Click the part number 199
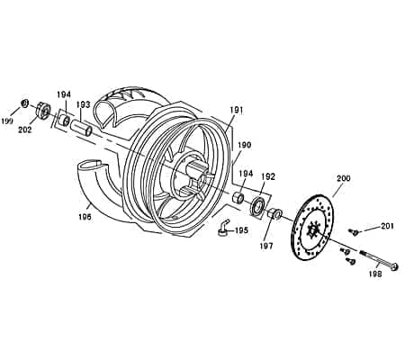8,120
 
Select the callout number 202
25,130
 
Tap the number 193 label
83,104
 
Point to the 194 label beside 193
63,94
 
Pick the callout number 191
237,110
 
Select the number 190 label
245,145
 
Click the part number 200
342,178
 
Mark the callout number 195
241,230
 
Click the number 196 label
84,216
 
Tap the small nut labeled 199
25,102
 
